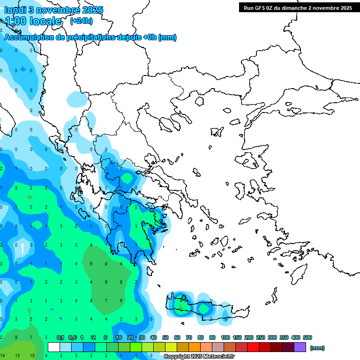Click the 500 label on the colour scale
tap(307, 337)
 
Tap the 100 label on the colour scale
tap(225, 337)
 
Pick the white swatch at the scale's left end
tap(54, 347)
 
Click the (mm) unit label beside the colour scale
tap(317, 348)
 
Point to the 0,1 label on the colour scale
tap(60, 337)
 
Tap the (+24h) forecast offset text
tap(81, 21)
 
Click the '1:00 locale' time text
tap(33, 21)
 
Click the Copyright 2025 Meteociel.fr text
tap(199, 357)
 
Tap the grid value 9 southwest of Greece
tap(106, 282)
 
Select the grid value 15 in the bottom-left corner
tap(31, 356)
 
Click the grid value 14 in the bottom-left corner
tap(2, 356)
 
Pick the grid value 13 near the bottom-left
tap(17, 356)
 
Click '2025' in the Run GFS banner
tap(346, 7)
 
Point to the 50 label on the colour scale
tap(165, 337)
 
